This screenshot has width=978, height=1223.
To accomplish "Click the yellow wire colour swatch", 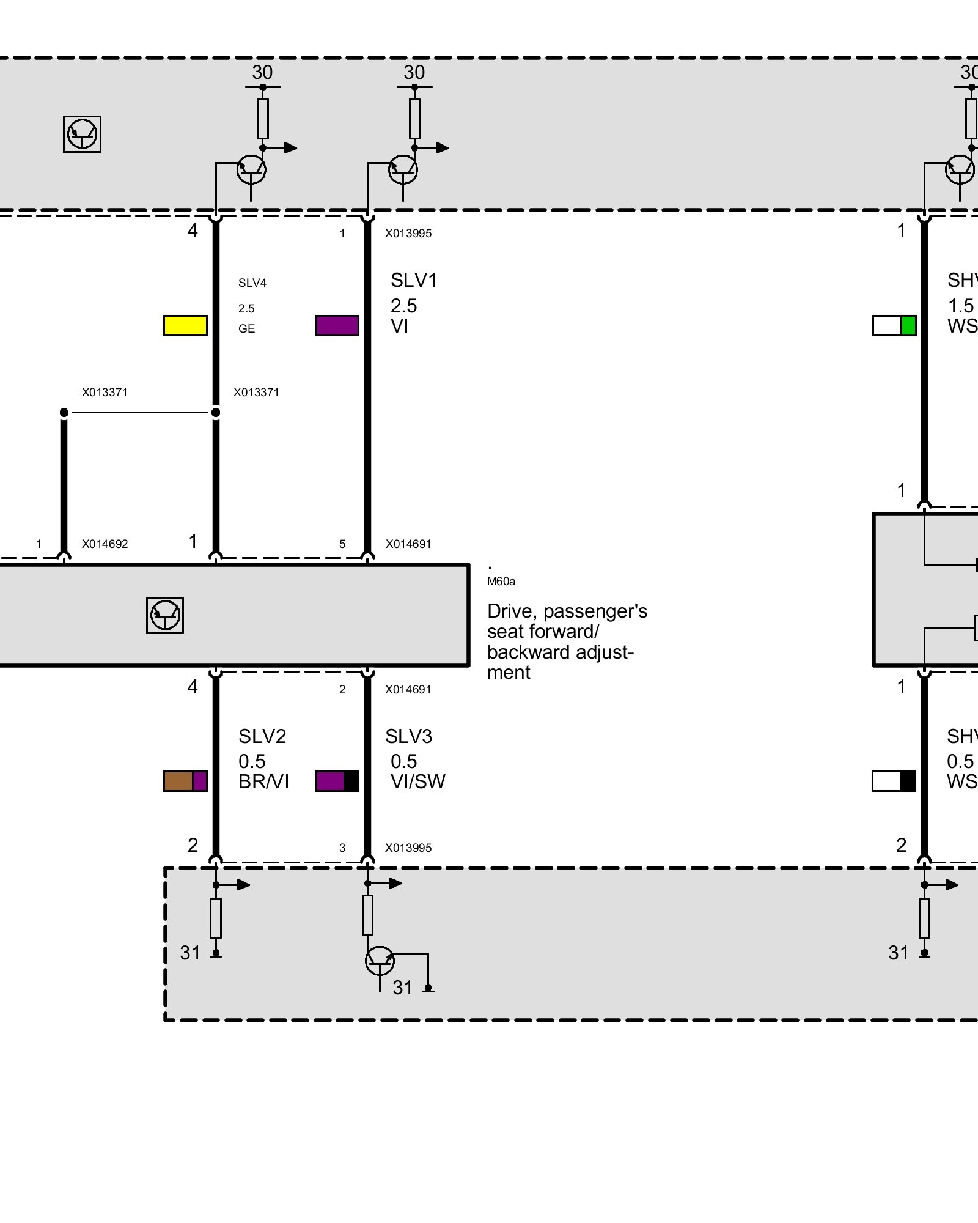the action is coord(185,325).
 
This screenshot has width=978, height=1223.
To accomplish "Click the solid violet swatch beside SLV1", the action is coord(337,325).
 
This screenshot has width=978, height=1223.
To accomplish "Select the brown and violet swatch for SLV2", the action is coord(185,781).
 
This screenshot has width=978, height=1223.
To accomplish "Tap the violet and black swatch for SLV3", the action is coord(337,781).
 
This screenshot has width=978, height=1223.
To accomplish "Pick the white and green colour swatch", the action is coord(894,325).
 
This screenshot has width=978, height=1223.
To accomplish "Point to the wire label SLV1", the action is coord(414,280).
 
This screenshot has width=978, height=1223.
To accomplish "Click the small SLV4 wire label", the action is coord(252,283).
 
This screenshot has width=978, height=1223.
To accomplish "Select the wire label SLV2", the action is coord(262,736).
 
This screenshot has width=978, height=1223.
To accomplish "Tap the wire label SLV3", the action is coord(408,736).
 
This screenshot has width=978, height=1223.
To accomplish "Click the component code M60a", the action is coord(501,582).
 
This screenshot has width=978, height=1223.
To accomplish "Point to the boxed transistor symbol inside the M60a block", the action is coord(165,615).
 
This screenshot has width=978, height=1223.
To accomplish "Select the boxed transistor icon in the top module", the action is coord(82,134).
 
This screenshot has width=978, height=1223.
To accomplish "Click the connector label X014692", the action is coord(105,544).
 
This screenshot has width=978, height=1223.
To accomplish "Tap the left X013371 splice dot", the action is coord(64,413).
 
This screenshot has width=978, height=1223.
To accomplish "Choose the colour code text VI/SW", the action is coord(418,781).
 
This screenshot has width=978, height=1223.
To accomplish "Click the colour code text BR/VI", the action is coord(263,781).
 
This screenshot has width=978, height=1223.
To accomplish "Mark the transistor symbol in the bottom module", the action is coord(380,961).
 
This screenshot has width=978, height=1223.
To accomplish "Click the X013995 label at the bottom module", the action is coord(408,848).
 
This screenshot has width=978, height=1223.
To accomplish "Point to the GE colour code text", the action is coord(246,328).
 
